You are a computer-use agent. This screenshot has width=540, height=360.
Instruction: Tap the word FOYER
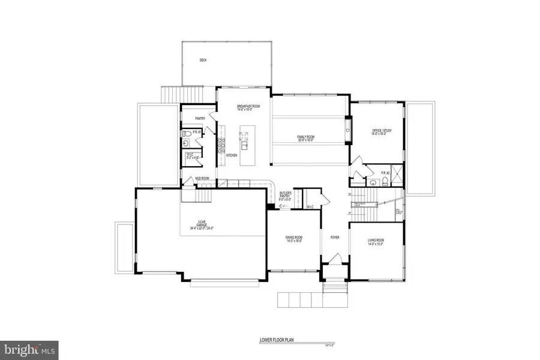pos(335,238)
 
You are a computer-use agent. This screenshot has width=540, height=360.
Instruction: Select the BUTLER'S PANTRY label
pos(287,194)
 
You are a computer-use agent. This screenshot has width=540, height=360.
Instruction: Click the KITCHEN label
pos(232,155)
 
